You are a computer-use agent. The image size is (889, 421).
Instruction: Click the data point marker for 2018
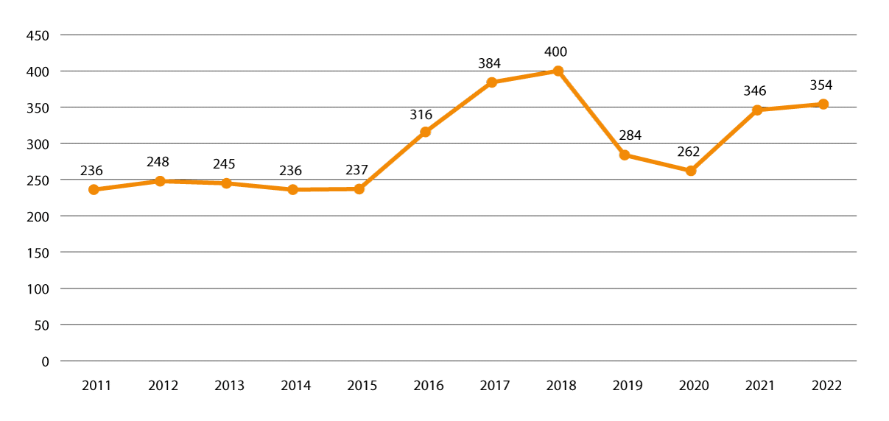[x=558, y=71]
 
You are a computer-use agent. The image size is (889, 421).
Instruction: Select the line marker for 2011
[x=94, y=190]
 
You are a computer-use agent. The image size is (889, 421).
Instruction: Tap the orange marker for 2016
[x=425, y=132]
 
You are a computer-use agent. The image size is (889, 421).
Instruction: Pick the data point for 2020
[x=691, y=171]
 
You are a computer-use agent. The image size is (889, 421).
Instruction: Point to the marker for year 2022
[x=823, y=105]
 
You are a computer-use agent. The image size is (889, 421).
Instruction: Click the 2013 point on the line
[x=226, y=183]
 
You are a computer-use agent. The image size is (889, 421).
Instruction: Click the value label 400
[x=556, y=52]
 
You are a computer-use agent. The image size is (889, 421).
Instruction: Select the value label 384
[x=489, y=64]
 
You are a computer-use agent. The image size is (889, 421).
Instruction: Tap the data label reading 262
[x=688, y=152]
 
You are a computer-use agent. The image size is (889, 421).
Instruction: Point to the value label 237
[x=356, y=171]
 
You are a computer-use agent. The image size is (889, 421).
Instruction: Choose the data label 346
[x=755, y=91]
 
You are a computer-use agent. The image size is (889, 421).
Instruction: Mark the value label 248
[x=158, y=162]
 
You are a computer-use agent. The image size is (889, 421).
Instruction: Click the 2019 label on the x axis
[x=628, y=386]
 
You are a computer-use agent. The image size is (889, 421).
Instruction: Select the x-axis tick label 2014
[x=295, y=386]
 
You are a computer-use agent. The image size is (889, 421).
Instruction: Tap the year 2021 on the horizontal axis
[x=760, y=386]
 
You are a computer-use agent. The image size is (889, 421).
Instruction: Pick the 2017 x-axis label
[x=495, y=386]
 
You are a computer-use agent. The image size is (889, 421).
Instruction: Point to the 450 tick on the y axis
[x=37, y=35]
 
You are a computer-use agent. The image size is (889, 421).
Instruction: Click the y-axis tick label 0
[x=45, y=361]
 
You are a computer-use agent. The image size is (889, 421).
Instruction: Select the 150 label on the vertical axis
[x=37, y=252]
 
